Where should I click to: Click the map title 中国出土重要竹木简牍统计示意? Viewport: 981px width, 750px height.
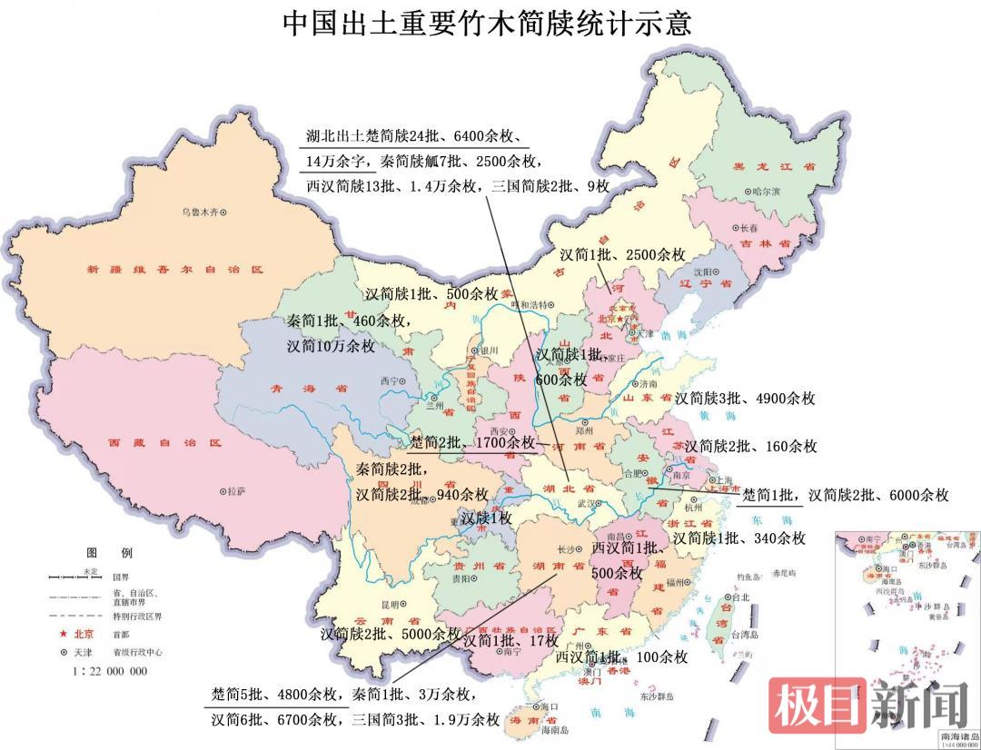(x=488, y=23)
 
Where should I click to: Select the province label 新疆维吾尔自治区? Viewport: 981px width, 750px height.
(x=174, y=270)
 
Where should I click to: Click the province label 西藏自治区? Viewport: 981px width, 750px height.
(x=165, y=443)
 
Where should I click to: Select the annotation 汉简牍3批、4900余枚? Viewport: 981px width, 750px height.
(x=745, y=398)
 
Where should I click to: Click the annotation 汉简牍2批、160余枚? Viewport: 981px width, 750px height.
(x=750, y=446)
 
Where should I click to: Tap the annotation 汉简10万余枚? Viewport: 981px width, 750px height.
(x=331, y=346)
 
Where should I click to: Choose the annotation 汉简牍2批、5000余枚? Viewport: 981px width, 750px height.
(x=391, y=634)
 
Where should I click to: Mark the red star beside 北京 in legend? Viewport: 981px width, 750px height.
(x=64, y=633)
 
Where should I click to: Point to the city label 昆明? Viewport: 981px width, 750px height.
(x=389, y=604)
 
